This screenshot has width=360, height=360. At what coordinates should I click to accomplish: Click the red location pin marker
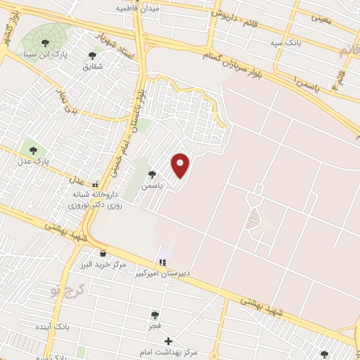(x=181, y=165)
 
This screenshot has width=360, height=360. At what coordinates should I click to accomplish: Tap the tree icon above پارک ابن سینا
(x=46, y=43)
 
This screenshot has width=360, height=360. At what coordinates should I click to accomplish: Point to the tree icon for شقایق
(x=92, y=55)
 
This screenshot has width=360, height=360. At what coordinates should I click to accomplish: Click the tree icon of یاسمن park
(x=151, y=174)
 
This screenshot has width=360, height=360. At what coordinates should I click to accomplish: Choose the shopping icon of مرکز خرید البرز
(x=103, y=253)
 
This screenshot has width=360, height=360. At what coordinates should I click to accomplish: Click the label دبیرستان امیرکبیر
(x=165, y=274)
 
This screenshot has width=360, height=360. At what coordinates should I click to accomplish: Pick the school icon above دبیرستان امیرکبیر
(x=163, y=262)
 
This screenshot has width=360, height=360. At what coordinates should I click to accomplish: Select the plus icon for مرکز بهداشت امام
(x=167, y=340)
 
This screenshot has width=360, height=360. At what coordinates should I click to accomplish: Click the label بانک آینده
(x=70, y=327)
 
